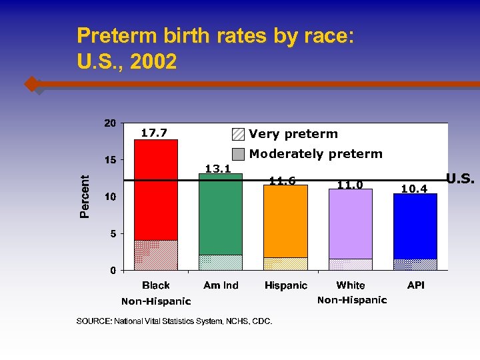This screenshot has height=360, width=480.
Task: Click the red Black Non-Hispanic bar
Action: [x=156, y=190]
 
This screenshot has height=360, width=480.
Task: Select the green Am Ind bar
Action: [x=221, y=213]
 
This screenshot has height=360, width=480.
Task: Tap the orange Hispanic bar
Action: [x=285, y=220]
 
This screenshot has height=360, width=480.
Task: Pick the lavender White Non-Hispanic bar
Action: [x=350, y=223]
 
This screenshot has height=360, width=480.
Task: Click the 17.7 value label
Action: [x=154, y=133]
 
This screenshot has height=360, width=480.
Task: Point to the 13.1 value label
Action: [x=218, y=168]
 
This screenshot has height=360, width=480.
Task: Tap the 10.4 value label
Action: [x=414, y=189]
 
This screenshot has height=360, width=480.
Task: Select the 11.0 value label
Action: [x=350, y=185]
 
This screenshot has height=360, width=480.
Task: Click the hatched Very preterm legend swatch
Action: [x=238, y=134]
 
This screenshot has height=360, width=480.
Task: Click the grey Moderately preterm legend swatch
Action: [x=238, y=154]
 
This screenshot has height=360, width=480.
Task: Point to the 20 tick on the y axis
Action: [x=109, y=123]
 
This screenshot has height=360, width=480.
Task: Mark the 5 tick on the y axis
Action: [x=113, y=234]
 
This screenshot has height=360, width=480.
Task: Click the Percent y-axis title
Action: [x=85, y=197]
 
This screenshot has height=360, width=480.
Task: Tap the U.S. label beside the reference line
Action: [x=460, y=179]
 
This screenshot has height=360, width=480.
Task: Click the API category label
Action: [x=415, y=285]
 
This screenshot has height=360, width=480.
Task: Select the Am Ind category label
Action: [x=221, y=285]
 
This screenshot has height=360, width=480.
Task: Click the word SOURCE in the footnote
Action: [x=93, y=321]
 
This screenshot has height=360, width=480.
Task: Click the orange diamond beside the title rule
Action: [x=31, y=85]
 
